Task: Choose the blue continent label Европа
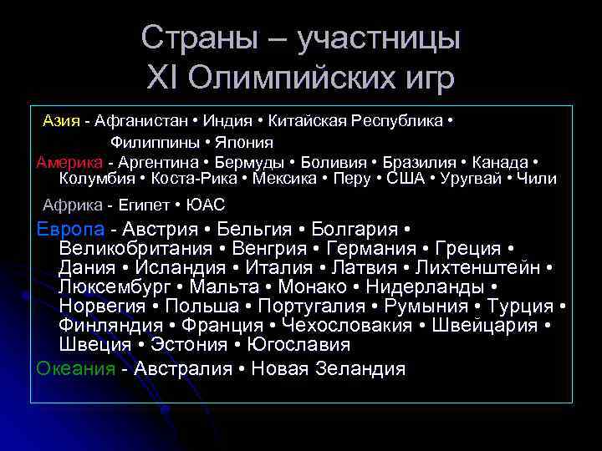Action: (x=71, y=229)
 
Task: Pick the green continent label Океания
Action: (x=76, y=368)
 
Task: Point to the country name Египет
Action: (x=141, y=204)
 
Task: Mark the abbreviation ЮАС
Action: (x=206, y=204)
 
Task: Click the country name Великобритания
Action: (x=134, y=249)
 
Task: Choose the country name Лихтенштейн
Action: (x=482, y=268)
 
